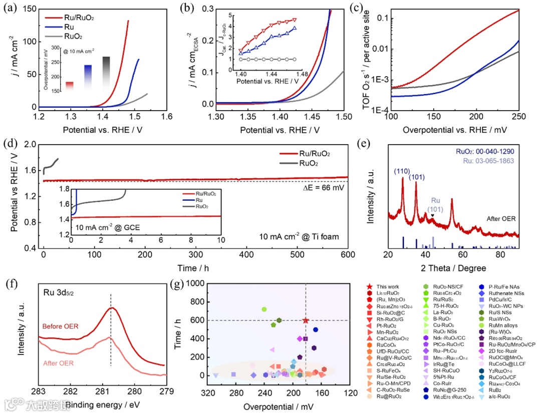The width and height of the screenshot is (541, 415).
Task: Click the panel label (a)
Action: [11, 9]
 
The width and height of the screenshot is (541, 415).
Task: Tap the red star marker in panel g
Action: [306, 320]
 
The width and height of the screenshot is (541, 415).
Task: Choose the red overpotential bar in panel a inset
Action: [70, 86]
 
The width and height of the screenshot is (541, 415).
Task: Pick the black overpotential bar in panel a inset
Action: [106, 73]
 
